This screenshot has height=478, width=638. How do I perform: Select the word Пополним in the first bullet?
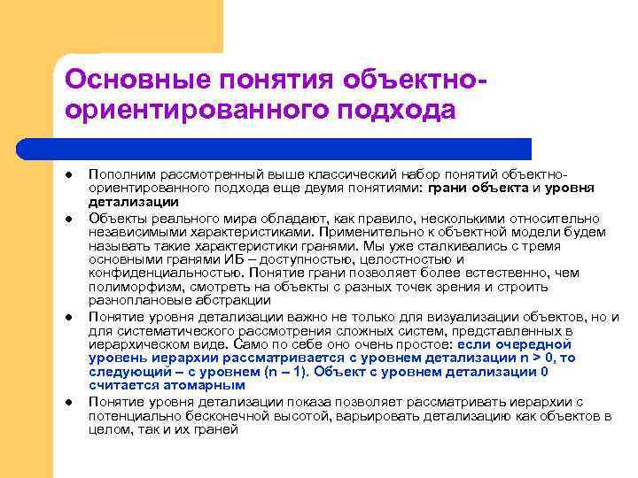click(117, 175)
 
